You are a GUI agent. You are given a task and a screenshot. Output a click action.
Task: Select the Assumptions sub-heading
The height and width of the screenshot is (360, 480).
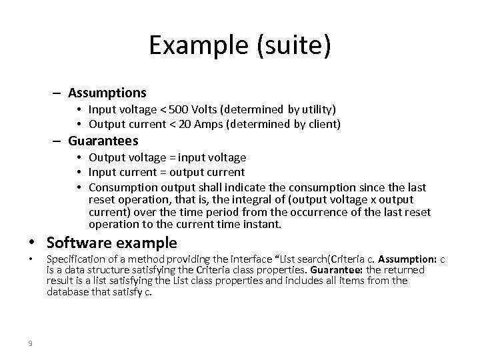pyautogui.click(x=107, y=92)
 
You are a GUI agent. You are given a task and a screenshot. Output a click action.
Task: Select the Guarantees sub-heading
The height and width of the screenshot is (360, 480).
pyautogui.click(x=103, y=141)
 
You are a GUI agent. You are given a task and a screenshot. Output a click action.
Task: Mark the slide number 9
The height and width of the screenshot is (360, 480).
pyautogui.click(x=31, y=343)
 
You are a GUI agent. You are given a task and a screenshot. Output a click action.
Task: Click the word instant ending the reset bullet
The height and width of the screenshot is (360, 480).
pyautogui.click(x=265, y=224)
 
